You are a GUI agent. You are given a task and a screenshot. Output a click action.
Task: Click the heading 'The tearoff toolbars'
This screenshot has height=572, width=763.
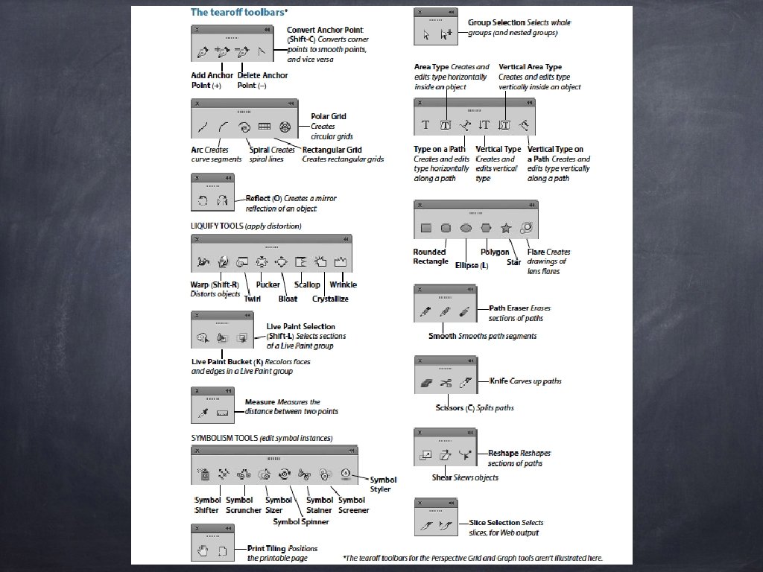[x=238, y=12]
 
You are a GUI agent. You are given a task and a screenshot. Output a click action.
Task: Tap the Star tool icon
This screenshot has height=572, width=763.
[x=506, y=228]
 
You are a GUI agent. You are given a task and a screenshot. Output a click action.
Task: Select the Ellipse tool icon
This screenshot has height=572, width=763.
[x=466, y=228]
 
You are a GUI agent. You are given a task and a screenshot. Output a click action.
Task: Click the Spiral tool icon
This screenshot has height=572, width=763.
[x=244, y=127]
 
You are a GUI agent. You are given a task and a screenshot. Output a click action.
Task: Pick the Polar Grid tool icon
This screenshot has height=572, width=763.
[x=285, y=127]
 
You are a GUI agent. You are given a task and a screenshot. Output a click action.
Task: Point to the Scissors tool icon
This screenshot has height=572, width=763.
[x=446, y=384]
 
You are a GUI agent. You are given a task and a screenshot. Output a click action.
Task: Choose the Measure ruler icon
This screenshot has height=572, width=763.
[x=222, y=412]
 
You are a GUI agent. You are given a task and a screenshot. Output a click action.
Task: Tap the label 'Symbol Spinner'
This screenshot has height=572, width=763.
[x=300, y=522]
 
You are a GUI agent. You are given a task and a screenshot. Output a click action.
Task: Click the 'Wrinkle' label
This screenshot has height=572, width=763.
[x=343, y=285]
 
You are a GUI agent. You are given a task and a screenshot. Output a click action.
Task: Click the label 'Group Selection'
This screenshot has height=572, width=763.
[x=496, y=22]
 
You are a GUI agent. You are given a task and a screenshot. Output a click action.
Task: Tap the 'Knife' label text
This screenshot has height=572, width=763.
[x=499, y=381]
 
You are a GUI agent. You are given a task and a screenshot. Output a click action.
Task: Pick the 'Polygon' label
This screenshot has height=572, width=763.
[x=495, y=252]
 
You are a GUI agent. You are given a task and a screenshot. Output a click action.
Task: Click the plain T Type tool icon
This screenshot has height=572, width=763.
[x=425, y=124]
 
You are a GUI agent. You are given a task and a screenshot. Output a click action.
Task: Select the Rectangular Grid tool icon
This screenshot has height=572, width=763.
[x=265, y=127]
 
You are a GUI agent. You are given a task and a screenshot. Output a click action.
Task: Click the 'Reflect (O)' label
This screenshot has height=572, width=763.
[x=264, y=199]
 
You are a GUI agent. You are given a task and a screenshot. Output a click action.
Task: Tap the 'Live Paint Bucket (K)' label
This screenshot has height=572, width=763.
[x=223, y=361]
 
